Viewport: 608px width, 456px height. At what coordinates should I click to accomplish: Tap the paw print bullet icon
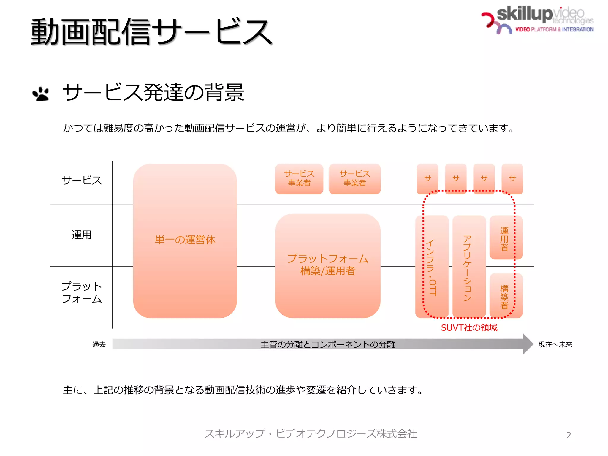41,94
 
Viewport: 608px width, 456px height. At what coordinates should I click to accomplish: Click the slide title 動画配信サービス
151,32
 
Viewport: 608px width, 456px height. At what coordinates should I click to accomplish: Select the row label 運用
81,235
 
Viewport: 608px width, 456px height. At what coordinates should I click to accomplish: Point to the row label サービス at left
81,180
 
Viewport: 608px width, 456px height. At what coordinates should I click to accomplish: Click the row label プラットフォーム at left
81,292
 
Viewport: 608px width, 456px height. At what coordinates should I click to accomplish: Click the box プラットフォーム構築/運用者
327,265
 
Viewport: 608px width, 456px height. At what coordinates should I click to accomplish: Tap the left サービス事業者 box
299,179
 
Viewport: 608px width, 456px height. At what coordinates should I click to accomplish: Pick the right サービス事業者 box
354,179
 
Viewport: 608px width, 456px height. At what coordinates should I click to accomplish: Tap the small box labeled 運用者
506,238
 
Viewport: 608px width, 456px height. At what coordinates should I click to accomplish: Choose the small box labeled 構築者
506,296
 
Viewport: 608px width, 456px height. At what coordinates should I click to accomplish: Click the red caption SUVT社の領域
469,328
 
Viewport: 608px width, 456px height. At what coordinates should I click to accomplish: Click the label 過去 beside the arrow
99,344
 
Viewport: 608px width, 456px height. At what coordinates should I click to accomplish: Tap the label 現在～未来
555,344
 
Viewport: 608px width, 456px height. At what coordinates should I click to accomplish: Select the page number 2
569,435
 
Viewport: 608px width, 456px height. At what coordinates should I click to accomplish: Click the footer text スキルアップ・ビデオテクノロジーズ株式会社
311,434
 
